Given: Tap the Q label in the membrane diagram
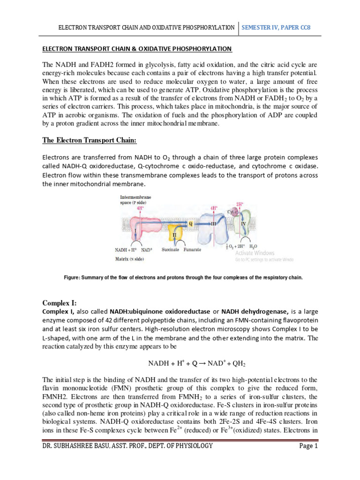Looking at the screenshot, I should click(190, 224).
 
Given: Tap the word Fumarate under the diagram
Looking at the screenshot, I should click(192, 250).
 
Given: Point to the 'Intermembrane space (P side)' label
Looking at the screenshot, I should click(136, 200).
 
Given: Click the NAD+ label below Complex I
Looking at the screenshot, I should click(147, 250).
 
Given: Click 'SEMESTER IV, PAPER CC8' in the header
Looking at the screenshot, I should click(276, 28).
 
